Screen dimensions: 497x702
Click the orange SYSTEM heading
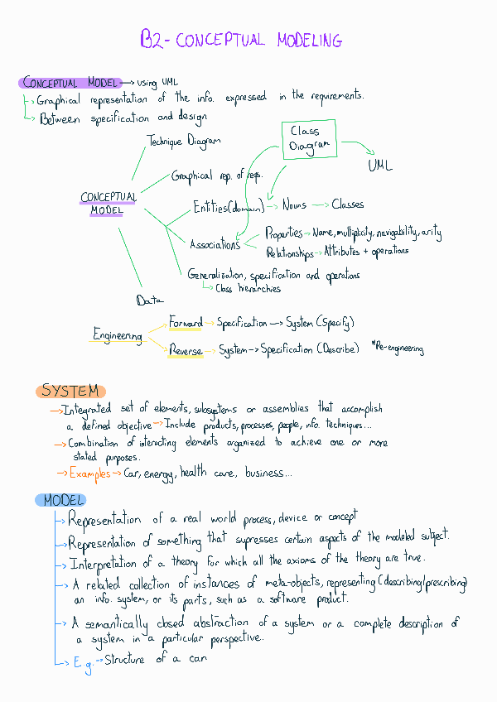[x=70, y=391]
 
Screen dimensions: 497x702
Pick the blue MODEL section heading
[x=60, y=500]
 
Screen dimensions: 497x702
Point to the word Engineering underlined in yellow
[x=118, y=335]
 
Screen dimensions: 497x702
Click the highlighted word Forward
[x=186, y=322]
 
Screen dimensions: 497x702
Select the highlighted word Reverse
[x=186, y=351]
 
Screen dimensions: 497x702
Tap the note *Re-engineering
[x=398, y=349]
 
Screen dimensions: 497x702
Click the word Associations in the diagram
[x=215, y=244]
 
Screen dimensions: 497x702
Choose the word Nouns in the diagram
[x=294, y=204]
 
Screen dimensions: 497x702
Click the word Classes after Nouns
[x=348, y=204]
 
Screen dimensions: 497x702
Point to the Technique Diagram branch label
[x=184, y=141]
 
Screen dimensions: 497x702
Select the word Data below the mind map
[x=150, y=300]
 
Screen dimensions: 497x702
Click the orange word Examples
[x=89, y=474]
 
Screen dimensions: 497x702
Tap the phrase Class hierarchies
[x=248, y=288]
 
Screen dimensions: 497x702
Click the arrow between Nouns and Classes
[x=320, y=204]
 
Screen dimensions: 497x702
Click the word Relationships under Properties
[x=290, y=252]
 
